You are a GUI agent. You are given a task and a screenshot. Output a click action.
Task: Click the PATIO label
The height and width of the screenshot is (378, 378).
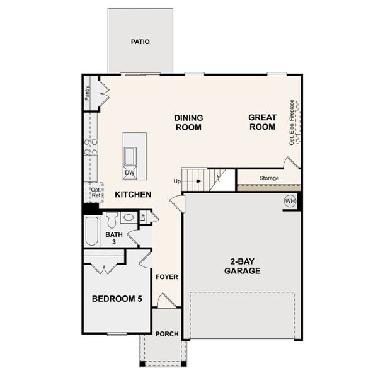coord(140,42)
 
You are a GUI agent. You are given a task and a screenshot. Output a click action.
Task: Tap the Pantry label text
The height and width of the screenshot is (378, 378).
coord(88,93)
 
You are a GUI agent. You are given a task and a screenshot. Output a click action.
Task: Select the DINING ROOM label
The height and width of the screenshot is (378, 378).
coord(188,122)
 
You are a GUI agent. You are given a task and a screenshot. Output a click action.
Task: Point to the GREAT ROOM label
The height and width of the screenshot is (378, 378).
coord(262,122)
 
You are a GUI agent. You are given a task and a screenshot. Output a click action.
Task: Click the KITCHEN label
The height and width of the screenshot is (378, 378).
coord(133,195)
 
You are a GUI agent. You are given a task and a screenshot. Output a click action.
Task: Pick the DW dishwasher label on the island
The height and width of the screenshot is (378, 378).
coord(130,173)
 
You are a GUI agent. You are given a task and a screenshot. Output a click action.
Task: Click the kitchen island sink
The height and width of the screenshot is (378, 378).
coord(130,155)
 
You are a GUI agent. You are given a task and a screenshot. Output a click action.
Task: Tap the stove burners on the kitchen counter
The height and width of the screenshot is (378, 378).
coord(91,147)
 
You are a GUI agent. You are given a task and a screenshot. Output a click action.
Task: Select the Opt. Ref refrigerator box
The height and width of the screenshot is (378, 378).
coord(95,192)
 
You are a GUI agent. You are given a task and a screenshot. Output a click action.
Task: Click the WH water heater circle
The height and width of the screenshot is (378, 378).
coord(290,201)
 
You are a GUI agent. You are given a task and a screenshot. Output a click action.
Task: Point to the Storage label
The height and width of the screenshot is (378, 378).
coord(269,178)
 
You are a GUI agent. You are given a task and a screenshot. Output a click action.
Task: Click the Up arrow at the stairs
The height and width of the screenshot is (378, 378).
coord(189,181)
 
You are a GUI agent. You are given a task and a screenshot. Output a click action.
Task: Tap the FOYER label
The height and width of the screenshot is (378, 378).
coord(167,277)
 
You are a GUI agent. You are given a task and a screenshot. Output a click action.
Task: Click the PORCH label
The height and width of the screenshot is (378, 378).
coord(167,334)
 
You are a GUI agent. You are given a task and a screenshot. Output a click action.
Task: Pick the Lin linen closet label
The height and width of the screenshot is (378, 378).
coord(143,217)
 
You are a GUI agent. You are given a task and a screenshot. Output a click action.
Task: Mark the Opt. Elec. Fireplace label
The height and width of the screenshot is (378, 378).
coord(292,122)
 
